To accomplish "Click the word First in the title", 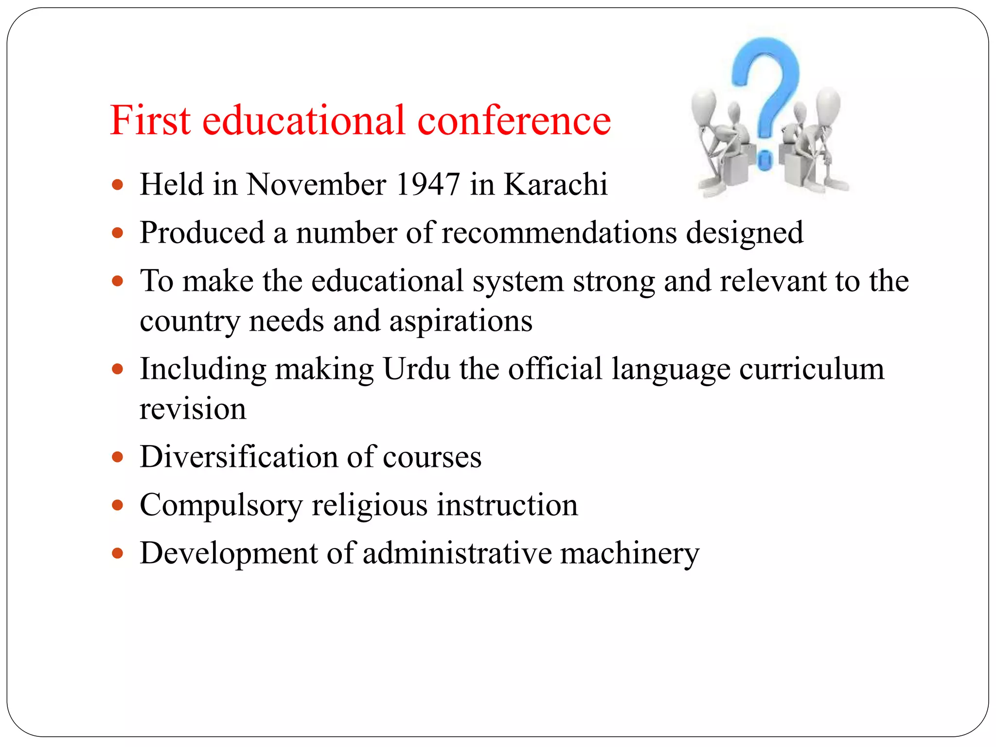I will [x=150, y=120].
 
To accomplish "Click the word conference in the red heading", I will [x=514, y=120].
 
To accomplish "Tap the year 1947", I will [x=428, y=184].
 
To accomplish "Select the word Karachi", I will [x=555, y=184].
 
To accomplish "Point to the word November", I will [x=316, y=184].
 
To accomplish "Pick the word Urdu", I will [x=416, y=369].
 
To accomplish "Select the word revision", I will [x=193, y=409].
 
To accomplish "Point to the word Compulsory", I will [x=221, y=505].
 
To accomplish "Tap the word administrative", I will [x=457, y=553].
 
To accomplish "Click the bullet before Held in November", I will [x=117, y=185].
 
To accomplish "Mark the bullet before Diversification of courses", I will [x=117, y=457].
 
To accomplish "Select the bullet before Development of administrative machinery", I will [x=117, y=553].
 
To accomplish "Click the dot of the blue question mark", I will [x=765, y=160].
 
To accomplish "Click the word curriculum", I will [x=812, y=369].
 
